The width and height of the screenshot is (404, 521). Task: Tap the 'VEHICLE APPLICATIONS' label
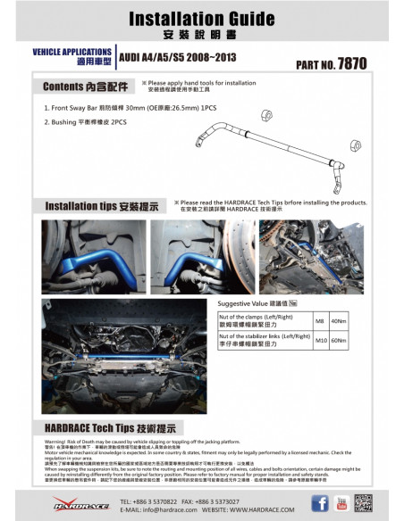[72, 53]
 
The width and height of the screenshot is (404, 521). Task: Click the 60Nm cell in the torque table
[338, 340]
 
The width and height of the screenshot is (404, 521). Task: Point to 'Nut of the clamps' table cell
[261, 321]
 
